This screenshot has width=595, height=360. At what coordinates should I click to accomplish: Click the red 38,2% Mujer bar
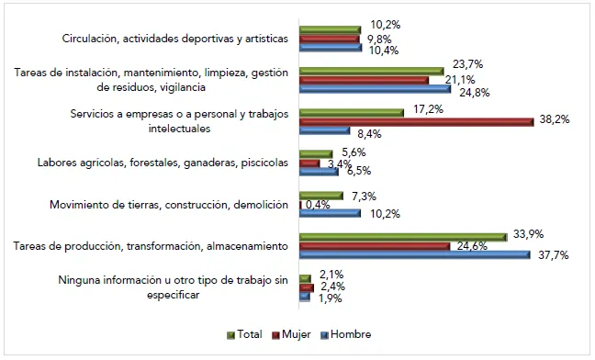click(x=417, y=121)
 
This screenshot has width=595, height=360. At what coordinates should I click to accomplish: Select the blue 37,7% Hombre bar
click(x=415, y=254)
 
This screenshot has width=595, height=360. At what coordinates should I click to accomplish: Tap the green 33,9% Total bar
click(x=403, y=236)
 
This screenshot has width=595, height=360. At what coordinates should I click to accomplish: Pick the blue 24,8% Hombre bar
click(x=376, y=89)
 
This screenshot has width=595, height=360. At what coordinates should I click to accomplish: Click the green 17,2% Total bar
click(x=352, y=112)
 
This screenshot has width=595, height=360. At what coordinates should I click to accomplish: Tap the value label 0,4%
click(x=319, y=204)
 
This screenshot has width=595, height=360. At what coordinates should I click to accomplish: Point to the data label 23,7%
click(x=467, y=64)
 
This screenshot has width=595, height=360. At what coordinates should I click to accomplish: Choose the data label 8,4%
click(x=369, y=134)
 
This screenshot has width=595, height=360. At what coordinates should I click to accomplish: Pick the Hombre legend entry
click(x=350, y=334)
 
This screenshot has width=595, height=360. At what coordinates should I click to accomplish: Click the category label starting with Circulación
click(x=174, y=39)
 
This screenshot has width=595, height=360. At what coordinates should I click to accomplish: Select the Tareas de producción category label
click(x=152, y=245)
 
